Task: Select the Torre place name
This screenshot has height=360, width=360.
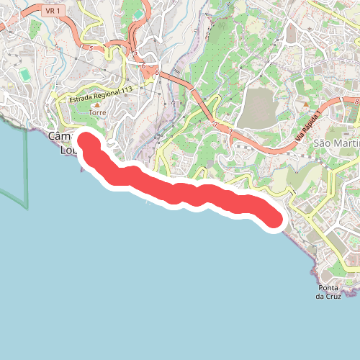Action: tap(97, 113)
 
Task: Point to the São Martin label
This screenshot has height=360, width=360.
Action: tap(336, 143)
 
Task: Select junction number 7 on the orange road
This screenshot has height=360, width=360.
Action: tap(215, 125)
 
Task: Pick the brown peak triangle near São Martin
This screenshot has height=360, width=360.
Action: tap(306, 104)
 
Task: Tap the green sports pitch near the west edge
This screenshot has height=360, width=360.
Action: tap(25, 74)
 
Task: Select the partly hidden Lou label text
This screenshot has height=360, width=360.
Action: tap(66, 150)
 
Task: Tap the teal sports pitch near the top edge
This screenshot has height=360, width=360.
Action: tap(138, 14)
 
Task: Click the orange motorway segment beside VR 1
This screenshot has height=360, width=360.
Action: tap(72, 22)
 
